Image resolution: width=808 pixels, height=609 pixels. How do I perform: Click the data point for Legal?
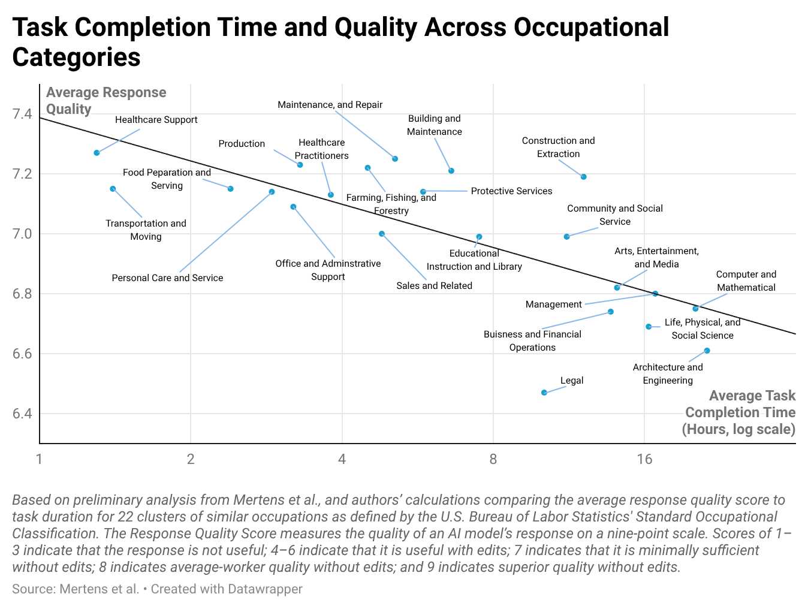[x=544, y=393]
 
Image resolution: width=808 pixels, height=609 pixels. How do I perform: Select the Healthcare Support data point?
[x=97, y=153]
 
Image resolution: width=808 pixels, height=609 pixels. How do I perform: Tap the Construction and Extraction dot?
[x=583, y=177]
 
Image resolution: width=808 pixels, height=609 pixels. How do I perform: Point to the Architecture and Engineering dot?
[x=707, y=351]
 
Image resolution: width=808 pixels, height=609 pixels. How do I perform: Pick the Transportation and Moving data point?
[x=113, y=189]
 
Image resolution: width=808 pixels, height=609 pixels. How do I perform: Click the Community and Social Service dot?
[x=566, y=237]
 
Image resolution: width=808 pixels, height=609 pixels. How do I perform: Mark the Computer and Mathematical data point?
[x=695, y=309]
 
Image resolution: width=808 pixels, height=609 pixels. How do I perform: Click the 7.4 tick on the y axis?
[x=22, y=114]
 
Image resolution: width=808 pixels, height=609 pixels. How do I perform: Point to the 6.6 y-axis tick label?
[x=22, y=354]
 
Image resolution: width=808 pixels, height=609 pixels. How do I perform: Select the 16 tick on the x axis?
[x=644, y=459]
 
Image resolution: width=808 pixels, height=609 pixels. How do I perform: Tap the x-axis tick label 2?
[x=191, y=459]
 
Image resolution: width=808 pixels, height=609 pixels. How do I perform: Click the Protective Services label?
[x=511, y=191]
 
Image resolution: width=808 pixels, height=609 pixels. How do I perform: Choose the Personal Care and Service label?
[x=167, y=278]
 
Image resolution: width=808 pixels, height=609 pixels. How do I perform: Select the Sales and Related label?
[x=434, y=285]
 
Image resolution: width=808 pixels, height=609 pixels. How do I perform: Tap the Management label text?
[x=553, y=304]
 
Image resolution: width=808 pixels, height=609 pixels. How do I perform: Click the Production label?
[x=242, y=143]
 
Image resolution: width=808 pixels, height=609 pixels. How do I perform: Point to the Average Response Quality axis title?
[x=106, y=101]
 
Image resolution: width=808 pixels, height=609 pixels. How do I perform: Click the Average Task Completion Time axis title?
[x=739, y=412]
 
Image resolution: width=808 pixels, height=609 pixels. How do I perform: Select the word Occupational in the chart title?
[x=591, y=27]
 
